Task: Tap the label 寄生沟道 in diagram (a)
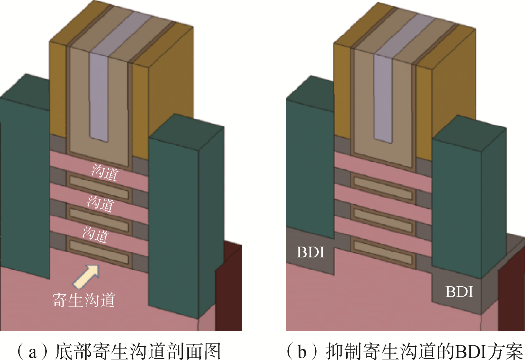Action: coord(83,299)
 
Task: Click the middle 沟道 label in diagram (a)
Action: coord(100,202)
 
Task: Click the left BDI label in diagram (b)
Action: coord(309,252)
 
